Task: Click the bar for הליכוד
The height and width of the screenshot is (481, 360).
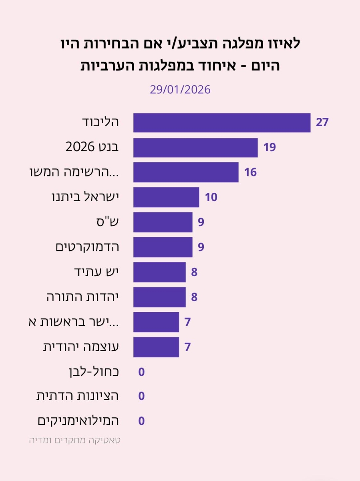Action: tap(221, 123)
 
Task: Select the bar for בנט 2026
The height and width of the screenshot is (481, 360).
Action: tap(195, 148)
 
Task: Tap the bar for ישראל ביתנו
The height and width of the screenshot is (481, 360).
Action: tap(166, 197)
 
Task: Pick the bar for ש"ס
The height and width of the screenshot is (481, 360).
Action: tap(163, 222)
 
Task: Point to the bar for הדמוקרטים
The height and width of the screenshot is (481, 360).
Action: tap(163, 247)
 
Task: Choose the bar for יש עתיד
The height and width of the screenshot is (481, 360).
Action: tap(159, 272)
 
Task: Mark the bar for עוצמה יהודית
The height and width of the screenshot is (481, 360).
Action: tap(156, 347)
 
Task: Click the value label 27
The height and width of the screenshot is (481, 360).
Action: tap(322, 123)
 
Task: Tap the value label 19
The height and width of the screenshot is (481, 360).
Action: tap(269, 148)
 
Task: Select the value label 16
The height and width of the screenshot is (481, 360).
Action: tap(250, 172)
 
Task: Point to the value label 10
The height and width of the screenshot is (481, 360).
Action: tap(211, 197)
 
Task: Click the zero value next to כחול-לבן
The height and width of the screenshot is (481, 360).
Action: tap(141, 372)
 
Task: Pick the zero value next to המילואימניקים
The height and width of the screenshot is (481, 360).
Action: tap(141, 421)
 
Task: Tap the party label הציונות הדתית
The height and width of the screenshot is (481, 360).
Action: tap(78, 396)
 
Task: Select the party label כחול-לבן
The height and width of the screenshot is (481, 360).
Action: tap(94, 372)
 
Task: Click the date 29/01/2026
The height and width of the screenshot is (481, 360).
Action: tap(180, 89)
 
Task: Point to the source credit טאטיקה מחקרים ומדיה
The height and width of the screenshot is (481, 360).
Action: tap(75, 440)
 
